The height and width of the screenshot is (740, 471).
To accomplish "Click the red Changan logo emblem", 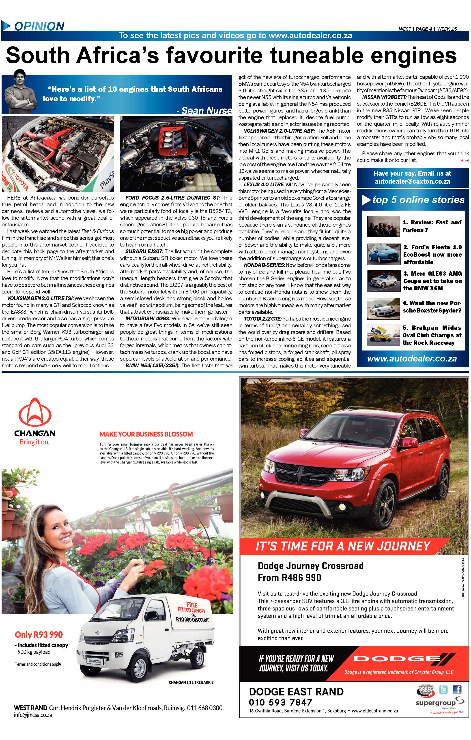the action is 34,412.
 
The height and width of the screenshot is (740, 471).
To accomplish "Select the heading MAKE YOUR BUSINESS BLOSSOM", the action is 146,434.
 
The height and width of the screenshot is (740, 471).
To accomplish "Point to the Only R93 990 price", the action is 39,635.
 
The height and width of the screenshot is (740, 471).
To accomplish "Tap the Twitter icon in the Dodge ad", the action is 443,690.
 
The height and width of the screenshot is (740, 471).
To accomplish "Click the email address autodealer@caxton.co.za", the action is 412,181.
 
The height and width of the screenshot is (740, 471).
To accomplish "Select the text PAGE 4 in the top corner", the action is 424,29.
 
